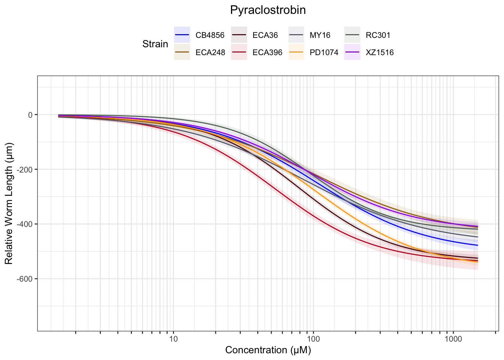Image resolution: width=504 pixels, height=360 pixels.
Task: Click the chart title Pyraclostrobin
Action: [268, 10]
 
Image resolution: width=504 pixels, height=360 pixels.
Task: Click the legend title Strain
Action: [155, 44]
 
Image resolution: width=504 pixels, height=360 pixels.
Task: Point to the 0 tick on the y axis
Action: [30, 115]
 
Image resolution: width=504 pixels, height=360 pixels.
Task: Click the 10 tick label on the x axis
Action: [173, 340]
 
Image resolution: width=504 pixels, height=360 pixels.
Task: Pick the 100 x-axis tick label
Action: [313, 340]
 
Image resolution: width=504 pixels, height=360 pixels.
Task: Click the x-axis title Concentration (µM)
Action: [268, 350]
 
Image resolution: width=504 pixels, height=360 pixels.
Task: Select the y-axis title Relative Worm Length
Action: [9, 203]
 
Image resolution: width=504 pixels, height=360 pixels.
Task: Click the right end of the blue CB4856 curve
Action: [477, 245]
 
